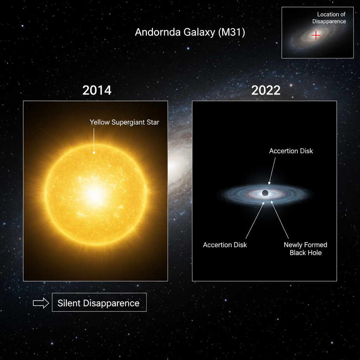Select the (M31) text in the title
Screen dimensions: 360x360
[231, 32]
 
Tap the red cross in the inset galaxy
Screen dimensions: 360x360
[316, 35]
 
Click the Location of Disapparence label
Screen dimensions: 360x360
[331, 18]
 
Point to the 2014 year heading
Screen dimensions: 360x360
[97, 90]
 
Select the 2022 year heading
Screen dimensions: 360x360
[266, 90]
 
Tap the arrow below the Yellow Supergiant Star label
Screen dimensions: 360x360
[94, 141]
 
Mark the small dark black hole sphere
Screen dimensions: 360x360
[265, 193]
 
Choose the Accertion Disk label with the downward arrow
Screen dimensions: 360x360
[291, 151]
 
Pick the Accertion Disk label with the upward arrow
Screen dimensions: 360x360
[225, 245]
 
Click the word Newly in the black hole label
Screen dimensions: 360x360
[294, 245]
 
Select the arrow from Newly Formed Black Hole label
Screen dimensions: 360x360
[279, 220]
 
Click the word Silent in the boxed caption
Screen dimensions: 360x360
[69, 303]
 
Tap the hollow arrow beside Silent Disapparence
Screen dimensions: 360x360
[41, 303]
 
